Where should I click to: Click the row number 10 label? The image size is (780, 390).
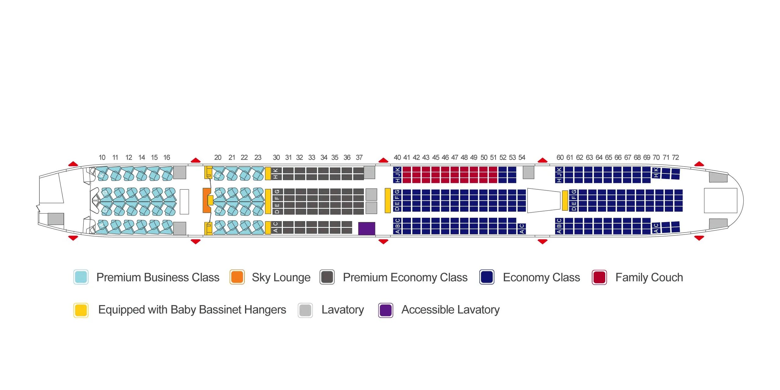[x=102, y=158]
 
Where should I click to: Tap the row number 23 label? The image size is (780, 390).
[x=258, y=158]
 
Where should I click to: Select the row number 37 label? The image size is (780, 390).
[x=359, y=158]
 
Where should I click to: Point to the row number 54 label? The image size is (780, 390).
[x=522, y=158]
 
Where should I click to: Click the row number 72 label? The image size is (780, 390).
[x=675, y=158]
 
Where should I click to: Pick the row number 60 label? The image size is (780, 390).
[x=560, y=158]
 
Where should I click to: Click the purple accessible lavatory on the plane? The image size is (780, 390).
[x=366, y=228]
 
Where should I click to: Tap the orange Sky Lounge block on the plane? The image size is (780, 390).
[x=206, y=200]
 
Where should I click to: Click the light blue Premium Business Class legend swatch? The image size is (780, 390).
[x=81, y=277]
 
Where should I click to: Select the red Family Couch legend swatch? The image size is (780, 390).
[x=599, y=277]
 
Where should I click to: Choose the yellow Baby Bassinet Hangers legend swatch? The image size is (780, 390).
[x=81, y=310]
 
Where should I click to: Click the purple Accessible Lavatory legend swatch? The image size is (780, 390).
[x=386, y=310]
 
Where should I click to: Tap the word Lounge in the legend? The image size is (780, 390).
[x=292, y=278]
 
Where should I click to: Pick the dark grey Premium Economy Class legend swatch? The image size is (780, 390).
[x=327, y=277]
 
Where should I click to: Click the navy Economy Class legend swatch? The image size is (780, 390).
[x=487, y=277]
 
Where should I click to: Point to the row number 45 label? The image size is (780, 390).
[x=436, y=158]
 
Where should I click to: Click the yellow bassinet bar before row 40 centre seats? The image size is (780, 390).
[x=387, y=200]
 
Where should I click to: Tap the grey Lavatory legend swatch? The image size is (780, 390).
[x=305, y=310]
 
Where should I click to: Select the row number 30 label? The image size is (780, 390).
[x=276, y=158]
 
